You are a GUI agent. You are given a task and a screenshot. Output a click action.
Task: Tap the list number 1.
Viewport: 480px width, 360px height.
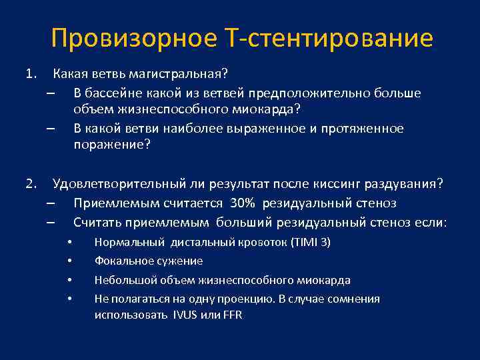click(29, 73)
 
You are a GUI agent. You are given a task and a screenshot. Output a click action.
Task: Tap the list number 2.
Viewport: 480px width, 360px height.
click(29, 183)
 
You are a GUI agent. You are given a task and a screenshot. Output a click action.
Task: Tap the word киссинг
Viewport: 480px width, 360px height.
click(327, 183)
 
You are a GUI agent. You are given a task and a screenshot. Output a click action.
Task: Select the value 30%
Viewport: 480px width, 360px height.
click(243, 203)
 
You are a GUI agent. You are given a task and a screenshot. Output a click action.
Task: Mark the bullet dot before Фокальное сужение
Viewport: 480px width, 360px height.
click(71, 261)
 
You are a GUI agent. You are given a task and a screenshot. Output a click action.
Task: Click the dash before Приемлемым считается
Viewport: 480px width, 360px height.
click(51, 203)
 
